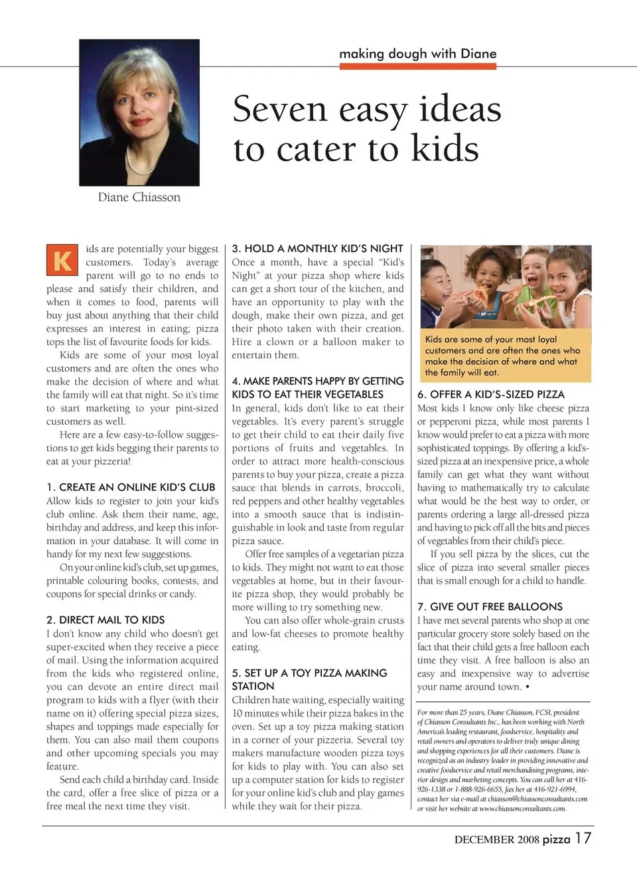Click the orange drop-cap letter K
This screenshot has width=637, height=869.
pos(62,259)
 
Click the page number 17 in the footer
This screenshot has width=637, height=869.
pos(583,838)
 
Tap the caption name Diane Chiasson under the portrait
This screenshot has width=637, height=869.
pos(139,197)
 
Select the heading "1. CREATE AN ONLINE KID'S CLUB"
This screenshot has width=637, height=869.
pos(131,487)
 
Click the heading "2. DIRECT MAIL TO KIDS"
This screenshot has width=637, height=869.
pos(106,620)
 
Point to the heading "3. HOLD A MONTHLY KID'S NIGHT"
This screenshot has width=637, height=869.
pos(317,248)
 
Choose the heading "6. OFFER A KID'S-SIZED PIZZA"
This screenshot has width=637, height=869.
pos(490,394)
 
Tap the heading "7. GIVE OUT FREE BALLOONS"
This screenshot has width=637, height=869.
pos(489,606)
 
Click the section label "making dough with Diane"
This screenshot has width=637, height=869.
pos(417,53)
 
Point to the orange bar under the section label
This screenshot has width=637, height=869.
pos(417,66)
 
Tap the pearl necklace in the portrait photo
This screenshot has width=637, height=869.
pos(139,163)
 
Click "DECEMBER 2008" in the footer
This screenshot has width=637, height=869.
pos(496,839)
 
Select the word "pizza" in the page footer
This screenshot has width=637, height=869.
pos(556,839)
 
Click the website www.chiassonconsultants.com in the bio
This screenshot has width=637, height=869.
pos(522,808)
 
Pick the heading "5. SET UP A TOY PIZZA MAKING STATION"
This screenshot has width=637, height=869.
pos(309,679)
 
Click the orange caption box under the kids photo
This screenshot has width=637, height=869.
pos(505,356)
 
